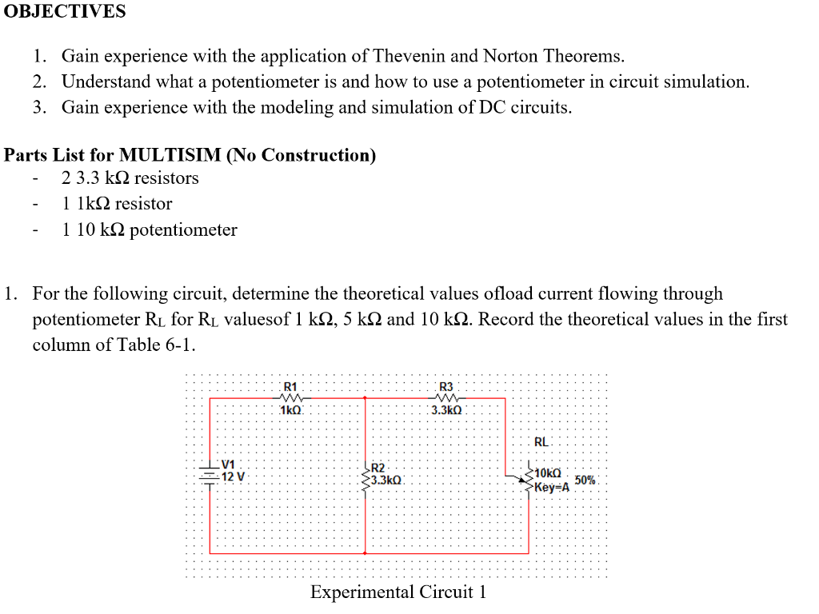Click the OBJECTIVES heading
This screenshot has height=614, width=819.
65,11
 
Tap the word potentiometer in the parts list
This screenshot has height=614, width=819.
183,230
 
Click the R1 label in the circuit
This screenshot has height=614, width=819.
290,387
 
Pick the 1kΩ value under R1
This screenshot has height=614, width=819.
290,410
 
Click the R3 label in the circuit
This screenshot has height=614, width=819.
445,387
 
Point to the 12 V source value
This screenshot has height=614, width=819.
234,476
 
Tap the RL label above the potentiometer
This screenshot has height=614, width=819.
541,441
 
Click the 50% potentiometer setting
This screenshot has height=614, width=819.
585,480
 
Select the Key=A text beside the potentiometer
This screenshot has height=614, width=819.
551,486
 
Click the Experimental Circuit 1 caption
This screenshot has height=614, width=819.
398,592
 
